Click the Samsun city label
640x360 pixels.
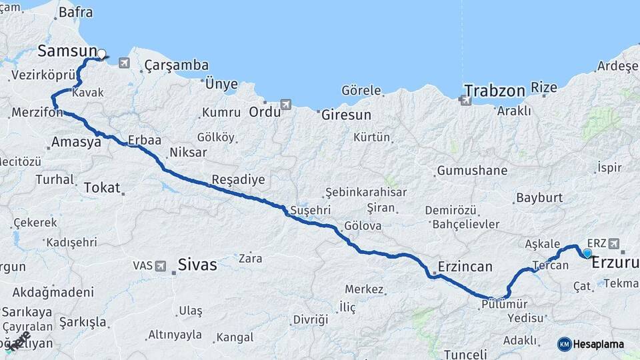[67, 51]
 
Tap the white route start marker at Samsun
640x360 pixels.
[102, 54]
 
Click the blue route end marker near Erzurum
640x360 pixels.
[587, 253]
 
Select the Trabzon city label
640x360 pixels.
[495, 89]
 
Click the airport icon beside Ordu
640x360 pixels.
[286, 105]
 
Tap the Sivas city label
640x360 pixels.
[197, 265]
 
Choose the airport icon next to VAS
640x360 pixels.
[161, 266]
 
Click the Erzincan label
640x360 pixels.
[465, 267]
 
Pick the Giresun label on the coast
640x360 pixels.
[346, 115]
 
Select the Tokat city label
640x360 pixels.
[102, 188]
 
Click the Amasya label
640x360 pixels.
[76, 141]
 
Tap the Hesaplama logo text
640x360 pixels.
[599, 345]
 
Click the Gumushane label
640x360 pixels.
[472, 171]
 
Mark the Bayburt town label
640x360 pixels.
[539, 198]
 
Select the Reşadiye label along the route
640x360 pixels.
[238, 179]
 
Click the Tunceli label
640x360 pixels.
[467, 353]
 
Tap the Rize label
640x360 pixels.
[543, 87]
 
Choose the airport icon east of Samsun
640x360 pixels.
[124, 63]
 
